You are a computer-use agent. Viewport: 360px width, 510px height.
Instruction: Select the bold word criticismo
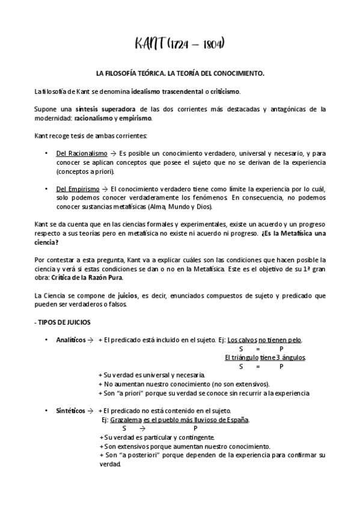pyautogui.click(x=222, y=91)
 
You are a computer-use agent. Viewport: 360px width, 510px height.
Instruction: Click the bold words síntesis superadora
pyautogui.click(x=105, y=109)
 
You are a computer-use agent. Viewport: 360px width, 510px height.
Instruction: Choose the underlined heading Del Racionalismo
pyautogui.click(x=78, y=154)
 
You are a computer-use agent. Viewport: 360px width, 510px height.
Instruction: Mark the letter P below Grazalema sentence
pyautogui.click(x=195, y=428)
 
